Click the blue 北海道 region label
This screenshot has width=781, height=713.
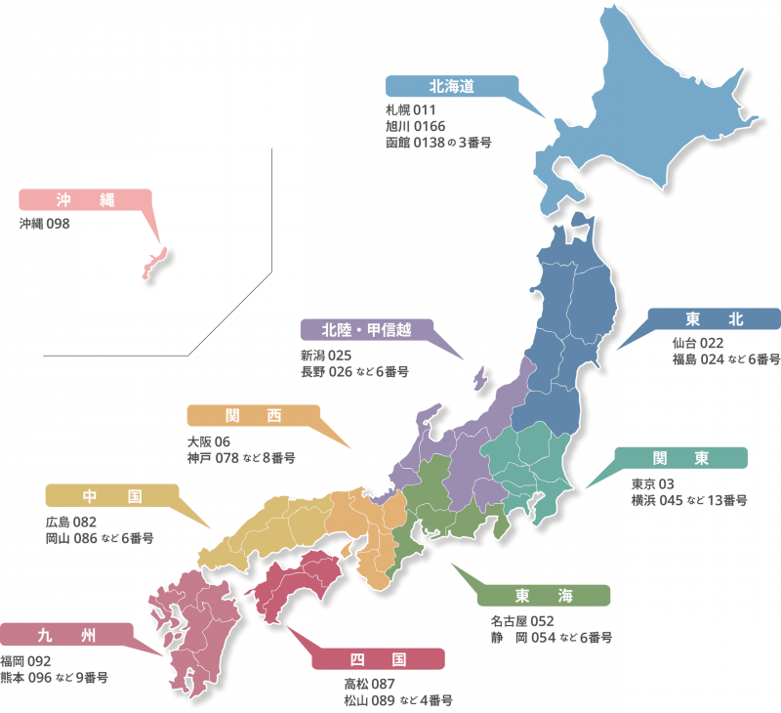pyautogui.click(x=451, y=86)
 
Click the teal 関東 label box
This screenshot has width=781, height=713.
pyautogui.click(x=680, y=459)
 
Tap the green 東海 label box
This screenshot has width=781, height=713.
pyautogui.click(x=545, y=596)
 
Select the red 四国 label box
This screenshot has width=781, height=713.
pyautogui.click(x=379, y=658)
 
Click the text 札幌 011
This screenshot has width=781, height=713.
pyautogui.click(x=410, y=109)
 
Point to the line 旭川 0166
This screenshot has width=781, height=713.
pyautogui.click(x=414, y=126)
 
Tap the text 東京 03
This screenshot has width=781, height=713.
pyautogui.click(x=653, y=483)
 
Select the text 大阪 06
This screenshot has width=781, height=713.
pyautogui.click(x=209, y=440)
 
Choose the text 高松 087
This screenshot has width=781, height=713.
pyautogui.click(x=369, y=684)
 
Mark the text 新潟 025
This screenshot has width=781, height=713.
pyautogui.click(x=326, y=355)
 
